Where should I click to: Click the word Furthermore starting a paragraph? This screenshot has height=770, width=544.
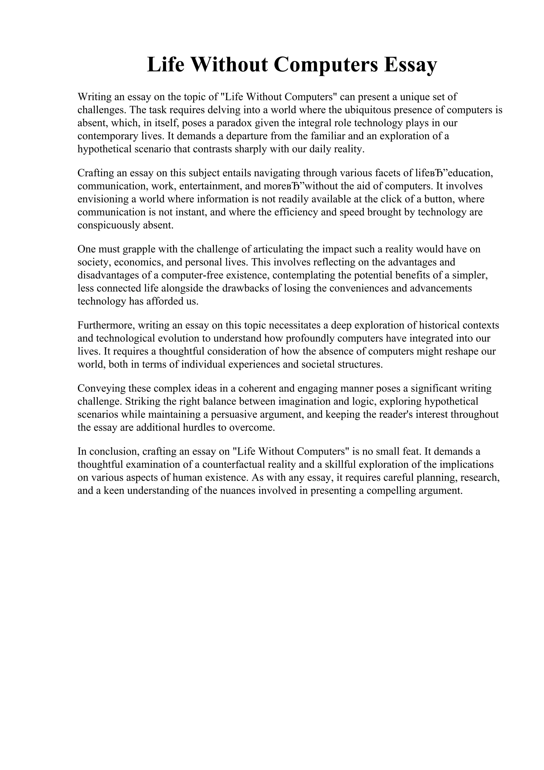pyautogui.click(x=106, y=325)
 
